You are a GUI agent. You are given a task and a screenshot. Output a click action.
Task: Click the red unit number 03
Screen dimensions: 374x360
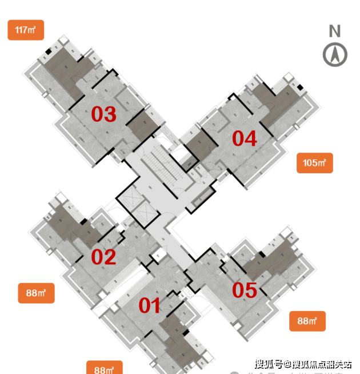coord(104,114)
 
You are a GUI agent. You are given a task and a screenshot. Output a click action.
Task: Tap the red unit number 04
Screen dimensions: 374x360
coord(244,138)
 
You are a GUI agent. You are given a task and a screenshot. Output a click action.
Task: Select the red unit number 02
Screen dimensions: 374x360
coord(104,257)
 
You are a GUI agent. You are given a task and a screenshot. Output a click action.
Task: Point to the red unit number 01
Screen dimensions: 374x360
coord(150,306)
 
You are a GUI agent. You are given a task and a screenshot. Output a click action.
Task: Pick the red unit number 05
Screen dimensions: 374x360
coord(245,291)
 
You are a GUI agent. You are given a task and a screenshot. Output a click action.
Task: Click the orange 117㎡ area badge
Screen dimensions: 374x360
coord(26,30)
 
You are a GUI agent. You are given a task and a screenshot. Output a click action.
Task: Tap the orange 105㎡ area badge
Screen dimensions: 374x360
coord(314,163)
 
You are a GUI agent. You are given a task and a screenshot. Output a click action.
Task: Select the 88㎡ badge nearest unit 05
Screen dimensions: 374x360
coord(307,321)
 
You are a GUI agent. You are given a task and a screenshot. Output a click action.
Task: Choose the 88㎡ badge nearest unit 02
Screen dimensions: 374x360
coord(36,293)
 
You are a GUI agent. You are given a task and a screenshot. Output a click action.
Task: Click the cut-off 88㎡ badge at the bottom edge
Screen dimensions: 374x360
coord(104,367)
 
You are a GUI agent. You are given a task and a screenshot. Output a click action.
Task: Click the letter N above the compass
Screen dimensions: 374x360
coord(335,31)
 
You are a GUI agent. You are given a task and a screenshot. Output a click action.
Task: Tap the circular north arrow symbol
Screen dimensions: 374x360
coord(335,54)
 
